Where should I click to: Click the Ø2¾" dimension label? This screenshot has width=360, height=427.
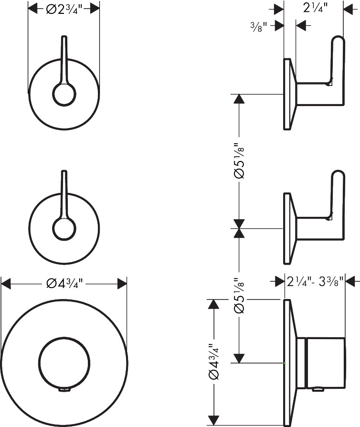(x=64, y=8)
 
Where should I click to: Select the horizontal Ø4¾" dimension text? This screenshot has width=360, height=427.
(x=64, y=284)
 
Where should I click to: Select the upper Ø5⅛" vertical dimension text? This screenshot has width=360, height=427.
(x=240, y=160)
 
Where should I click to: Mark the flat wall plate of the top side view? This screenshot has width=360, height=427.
(x=287, y=94)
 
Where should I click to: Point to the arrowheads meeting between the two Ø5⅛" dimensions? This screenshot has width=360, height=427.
(x=240, y=229)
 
